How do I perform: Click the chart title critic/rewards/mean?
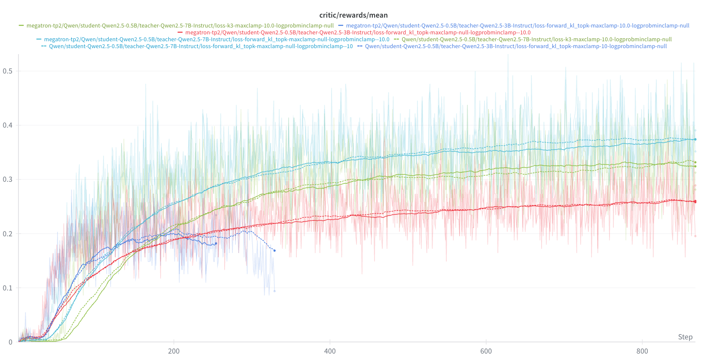pyautogui.click(x=353, y=15)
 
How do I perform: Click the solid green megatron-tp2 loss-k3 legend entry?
pyautogui.click(x=180, y=26)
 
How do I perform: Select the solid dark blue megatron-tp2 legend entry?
pyautogui.click(x=517, y=26)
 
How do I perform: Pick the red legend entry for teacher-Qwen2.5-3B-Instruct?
pyautogui.click(x=357, y=33)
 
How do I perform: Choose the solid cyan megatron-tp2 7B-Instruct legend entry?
pyautogui.click(x=216, y=40)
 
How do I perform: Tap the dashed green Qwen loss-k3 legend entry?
pyautogui.click(x=536, y=40)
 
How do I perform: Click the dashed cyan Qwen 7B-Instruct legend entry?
pyautogui.click(x=201, y=46)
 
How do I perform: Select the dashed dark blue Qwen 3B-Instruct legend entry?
pyautogui.click(x=515, y=46)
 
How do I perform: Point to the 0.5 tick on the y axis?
pyautogui.click(x=8, y=71)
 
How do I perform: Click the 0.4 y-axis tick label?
pyautogui.click(x=8, y=125)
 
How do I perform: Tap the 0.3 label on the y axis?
pyautogui.click(x=8, y=179)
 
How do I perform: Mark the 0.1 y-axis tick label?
pyautogui.click(x=8, y=288)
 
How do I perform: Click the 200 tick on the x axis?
pyautogui.click(x=174, y=351)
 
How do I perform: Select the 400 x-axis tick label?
pyautogui.click(x=330, y=351)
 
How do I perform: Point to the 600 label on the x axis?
pyautogui.click(x=486, y=351)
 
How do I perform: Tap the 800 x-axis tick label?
pyautogui.click(x=642, y=351)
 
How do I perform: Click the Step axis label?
pyautogui.click(x=685, y=337)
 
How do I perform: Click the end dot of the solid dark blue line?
pyautogui.click(x=216, y=244)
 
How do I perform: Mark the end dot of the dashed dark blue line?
pyautogui.click(x=274, y=250)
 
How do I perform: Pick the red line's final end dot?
pyautogui.click(x=695, y=201)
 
